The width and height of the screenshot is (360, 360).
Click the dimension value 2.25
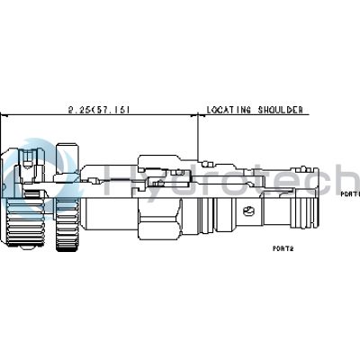click(x=78, y=110)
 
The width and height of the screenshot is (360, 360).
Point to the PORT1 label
click(x=349, y=193)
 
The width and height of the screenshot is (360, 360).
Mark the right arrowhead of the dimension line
click(x=193, y=117)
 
